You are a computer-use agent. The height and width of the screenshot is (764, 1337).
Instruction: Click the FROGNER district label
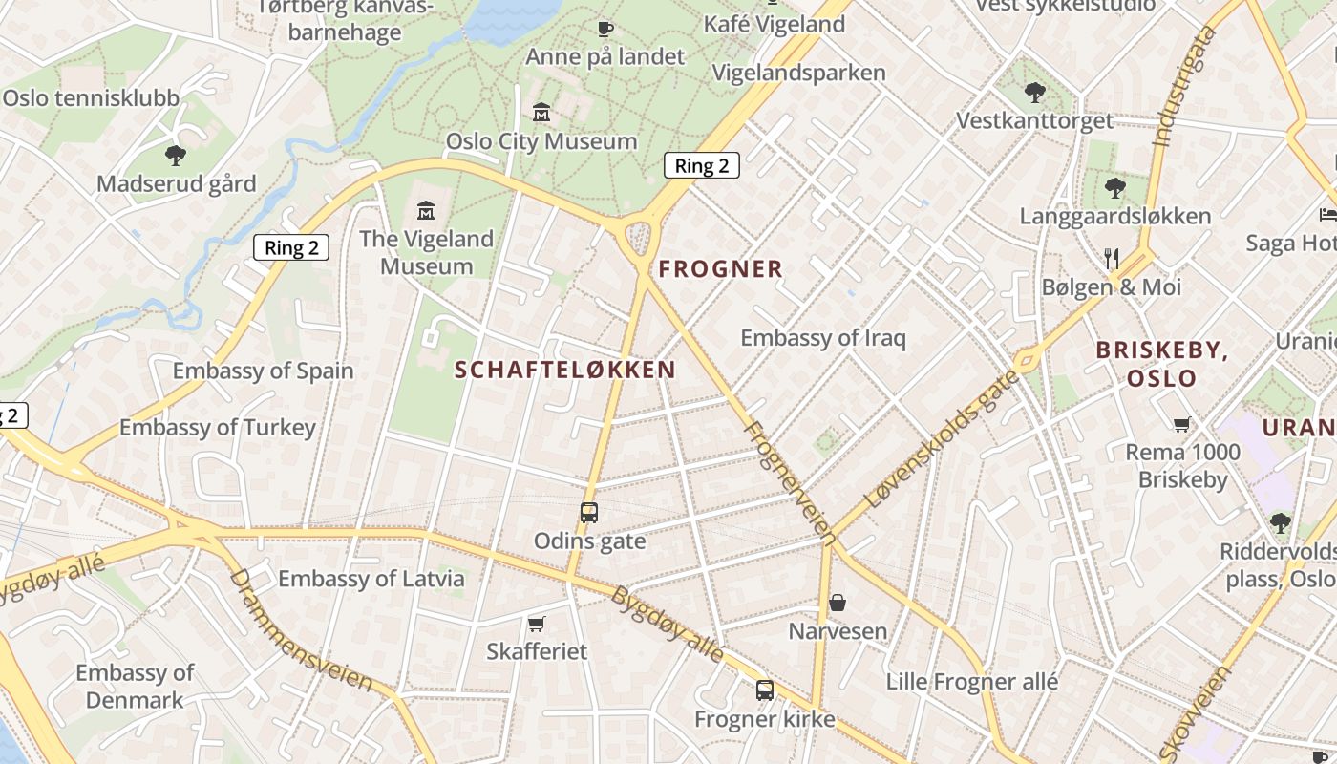(x=720, y=269)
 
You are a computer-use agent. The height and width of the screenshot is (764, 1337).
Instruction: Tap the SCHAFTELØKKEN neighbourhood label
(x=564, y=370)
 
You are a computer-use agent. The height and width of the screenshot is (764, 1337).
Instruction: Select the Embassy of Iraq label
(x=822, y=338)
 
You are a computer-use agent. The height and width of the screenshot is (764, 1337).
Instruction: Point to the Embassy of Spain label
(x=263, y=371)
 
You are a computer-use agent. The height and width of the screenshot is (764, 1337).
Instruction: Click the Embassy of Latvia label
(x=371, y=578)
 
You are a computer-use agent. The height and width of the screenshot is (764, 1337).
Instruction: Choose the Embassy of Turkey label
(x=217, y=427)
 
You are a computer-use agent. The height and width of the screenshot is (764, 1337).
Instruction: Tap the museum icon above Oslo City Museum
(x=541, y=113)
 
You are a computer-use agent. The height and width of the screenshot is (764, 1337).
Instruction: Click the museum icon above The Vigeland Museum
(x=426, y=210)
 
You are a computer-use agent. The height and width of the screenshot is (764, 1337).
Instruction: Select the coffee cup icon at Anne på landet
(x=605, y=29)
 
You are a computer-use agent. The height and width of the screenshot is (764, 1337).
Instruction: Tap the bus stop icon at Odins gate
(x=589, y=513)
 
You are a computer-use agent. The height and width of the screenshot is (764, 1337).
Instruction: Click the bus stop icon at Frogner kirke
(x=764, y=690)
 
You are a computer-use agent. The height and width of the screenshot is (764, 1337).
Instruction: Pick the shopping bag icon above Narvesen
(x=837, y=603)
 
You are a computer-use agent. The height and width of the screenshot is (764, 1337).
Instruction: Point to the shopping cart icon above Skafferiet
(x=536, y=624)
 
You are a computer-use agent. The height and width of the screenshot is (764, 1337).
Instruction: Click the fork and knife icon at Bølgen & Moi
(x=1111, y=258)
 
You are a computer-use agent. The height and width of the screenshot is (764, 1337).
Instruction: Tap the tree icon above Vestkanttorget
(x=1034, y=93)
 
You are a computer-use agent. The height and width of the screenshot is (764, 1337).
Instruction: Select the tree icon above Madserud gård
(x=175, y=155)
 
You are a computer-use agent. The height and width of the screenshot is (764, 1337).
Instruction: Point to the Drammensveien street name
(x=300, y=631)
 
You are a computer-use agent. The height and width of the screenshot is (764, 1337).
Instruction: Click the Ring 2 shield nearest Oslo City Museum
(x=701, y=165)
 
